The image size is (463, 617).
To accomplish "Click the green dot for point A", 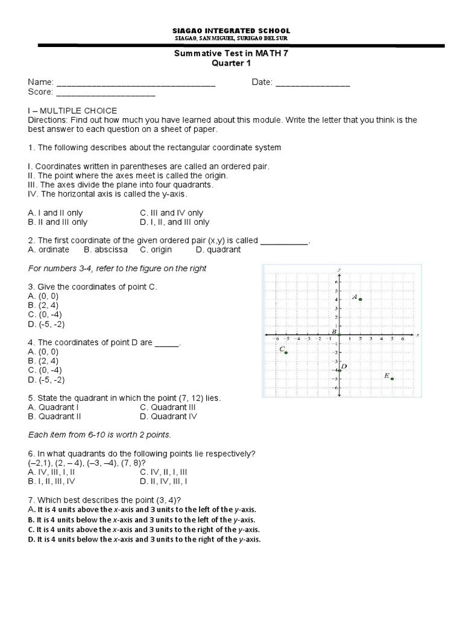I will pos(360,299).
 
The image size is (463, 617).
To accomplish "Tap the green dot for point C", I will pos(286,352).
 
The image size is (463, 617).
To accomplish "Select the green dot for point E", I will pos(392,379).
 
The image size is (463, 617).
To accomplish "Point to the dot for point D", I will pos(339,370).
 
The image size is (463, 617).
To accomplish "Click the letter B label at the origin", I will pos(334,331).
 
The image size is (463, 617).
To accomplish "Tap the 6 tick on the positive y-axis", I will pos(336,281).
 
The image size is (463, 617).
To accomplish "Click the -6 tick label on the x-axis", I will pos(276,339).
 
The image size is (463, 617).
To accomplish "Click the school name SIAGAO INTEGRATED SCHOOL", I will pos(231,30).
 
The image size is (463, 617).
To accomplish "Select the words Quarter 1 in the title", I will pos(231,63).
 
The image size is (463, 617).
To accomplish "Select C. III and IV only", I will pos(171,213).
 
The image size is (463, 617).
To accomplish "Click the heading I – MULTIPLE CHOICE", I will pos(72,111).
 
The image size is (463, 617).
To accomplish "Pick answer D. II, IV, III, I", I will pos(163,481).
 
